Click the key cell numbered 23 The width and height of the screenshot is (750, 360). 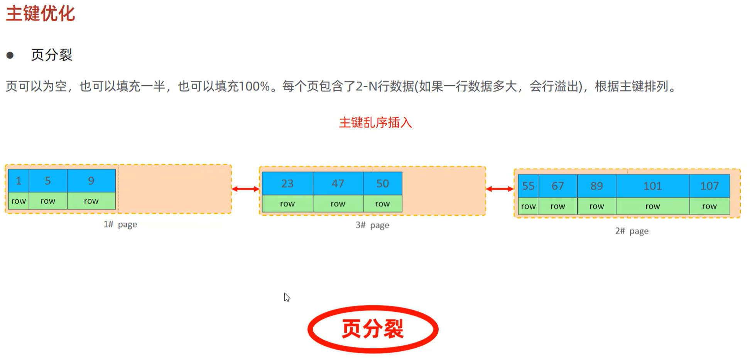[287, 184]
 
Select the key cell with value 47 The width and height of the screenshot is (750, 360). [338, 184]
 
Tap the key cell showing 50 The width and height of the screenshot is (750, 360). [382, 184]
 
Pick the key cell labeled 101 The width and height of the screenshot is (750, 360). [652, 186]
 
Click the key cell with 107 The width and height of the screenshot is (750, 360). [709, 186]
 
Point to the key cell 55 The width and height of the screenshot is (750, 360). [528, 186]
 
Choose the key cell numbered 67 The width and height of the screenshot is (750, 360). [558, 186]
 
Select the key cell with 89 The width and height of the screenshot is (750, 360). [596, 186]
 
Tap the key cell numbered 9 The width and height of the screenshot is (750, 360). [91, 181]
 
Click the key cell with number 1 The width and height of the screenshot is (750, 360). [19, 181]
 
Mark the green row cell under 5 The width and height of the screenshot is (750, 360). [48, 201]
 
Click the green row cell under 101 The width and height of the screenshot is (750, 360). [652, 206]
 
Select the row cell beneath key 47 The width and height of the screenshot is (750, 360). [338, 204]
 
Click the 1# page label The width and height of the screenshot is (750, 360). [120, 225]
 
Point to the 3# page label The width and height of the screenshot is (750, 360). [372, 225]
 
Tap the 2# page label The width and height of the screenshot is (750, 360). [632, 231]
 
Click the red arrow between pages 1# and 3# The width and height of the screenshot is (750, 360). [245, 189]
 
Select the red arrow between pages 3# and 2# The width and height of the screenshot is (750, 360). [500, 189]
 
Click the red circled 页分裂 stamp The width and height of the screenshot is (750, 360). [373, 329]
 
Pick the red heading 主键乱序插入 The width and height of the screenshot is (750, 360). [375, 123]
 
